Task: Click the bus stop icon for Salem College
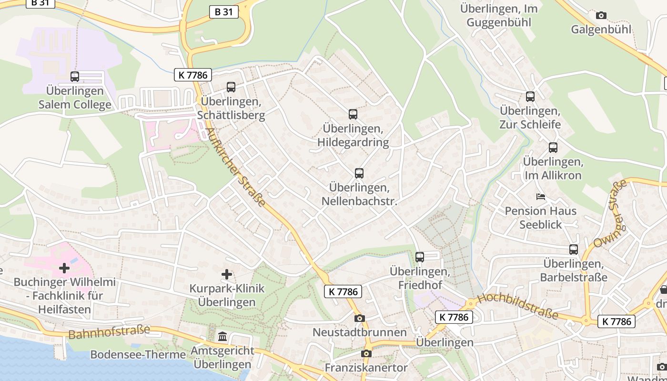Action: pos(75,76)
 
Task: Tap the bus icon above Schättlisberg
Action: pos(231,87)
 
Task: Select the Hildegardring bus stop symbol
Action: pos(353,114)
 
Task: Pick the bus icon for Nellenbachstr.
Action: pos(359,173)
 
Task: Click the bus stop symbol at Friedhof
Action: pos(420,257)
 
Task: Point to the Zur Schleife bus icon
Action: pos(530,97)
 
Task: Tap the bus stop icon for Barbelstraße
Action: pos(574,250)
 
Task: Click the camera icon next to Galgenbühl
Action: pos(601,15)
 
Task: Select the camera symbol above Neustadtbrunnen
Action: pos(360,318)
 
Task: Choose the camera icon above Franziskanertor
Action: pos(366,353)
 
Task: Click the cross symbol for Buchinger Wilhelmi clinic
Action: pos(64,269)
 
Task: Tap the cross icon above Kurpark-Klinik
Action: pos(227,274)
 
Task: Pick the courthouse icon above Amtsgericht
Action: pos(222,337)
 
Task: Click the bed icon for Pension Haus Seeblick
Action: pos(541,196)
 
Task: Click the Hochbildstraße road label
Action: pos(517,306)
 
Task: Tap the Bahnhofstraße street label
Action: pos(109,332)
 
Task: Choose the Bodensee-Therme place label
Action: pos(138,355)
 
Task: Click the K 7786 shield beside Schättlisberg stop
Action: pos(192,75)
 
